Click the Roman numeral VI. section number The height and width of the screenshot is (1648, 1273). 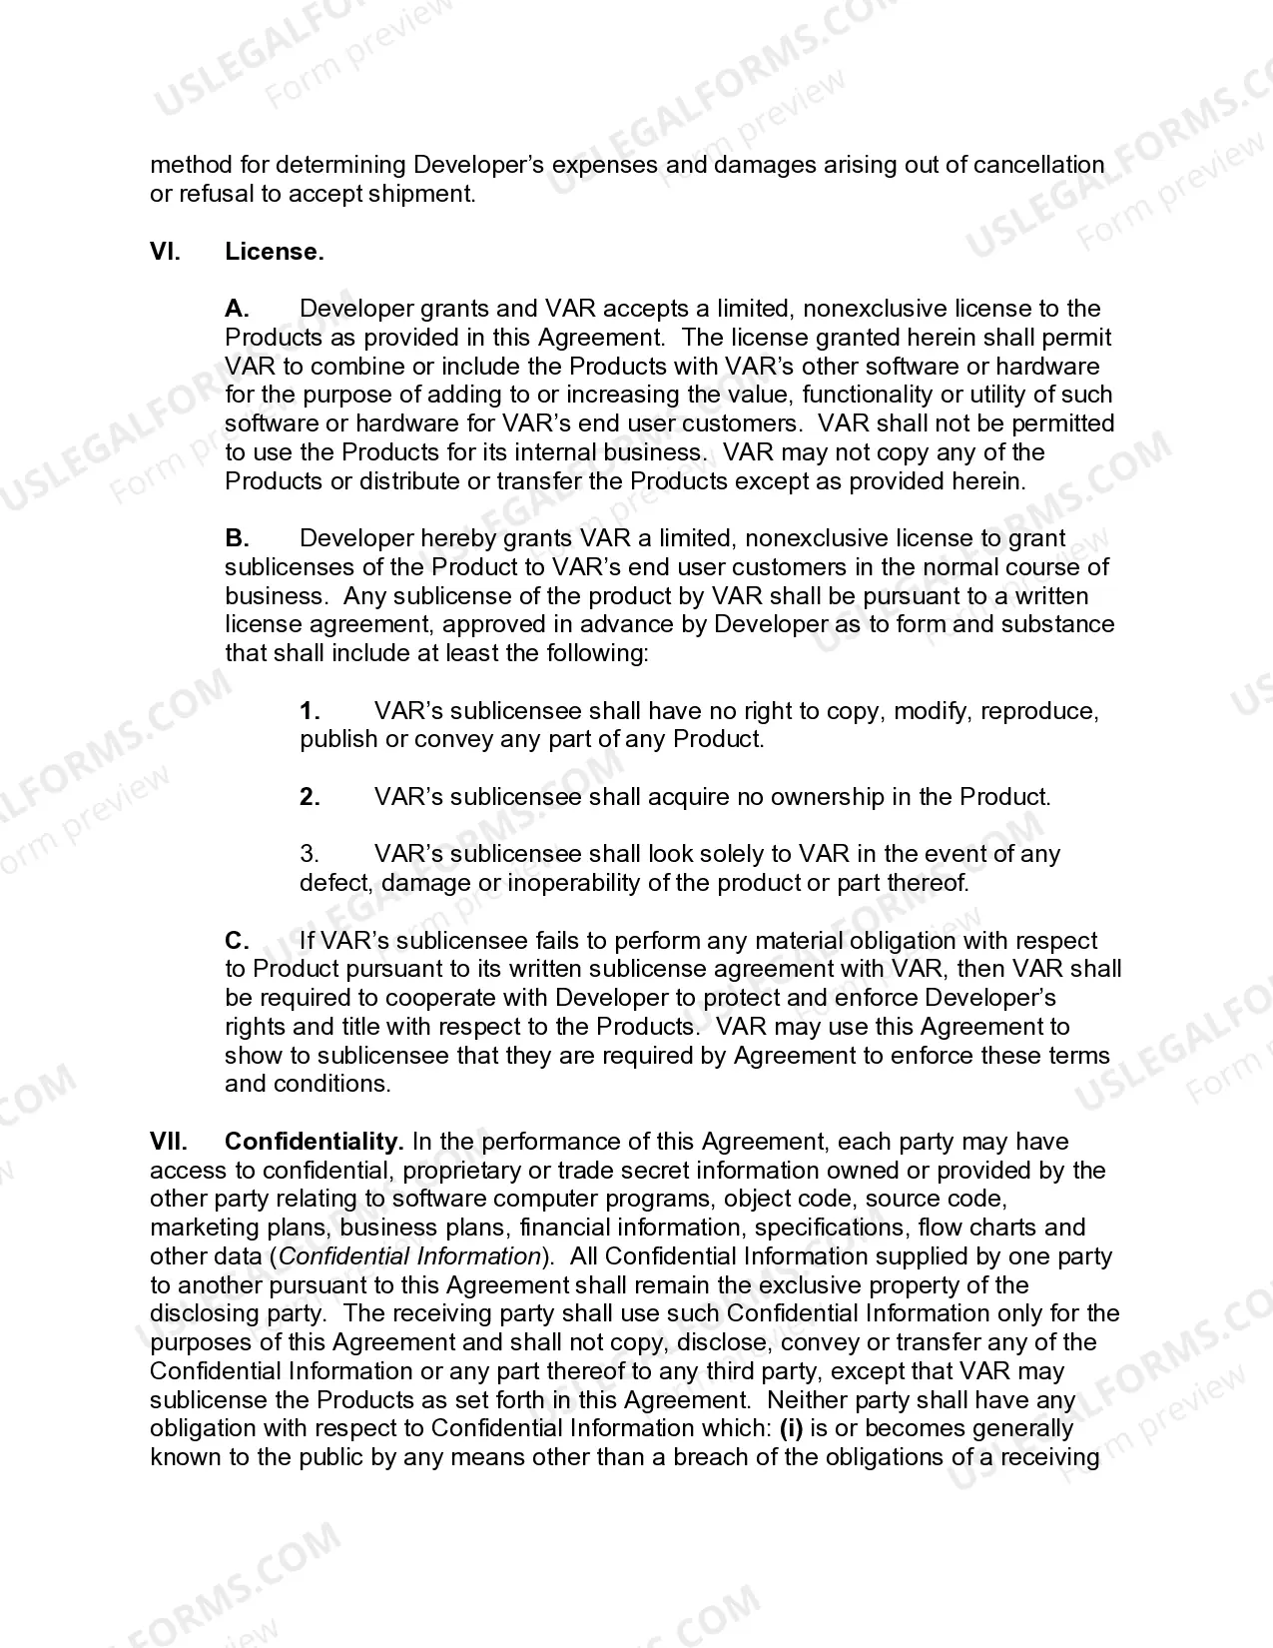pos(165,252)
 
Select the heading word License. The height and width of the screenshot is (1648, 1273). pos(275,252)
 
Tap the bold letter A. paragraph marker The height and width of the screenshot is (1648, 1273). pos(237,309)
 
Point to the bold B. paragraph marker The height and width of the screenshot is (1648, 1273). pos(237,538)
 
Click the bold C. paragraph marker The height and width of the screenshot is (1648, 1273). pos(237,941)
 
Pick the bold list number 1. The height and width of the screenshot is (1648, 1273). pos(310,711)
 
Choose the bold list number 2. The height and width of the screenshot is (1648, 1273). pos(310,797)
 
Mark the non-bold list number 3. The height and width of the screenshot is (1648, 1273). pos(310,854)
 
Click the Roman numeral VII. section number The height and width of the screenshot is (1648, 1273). pos(169,1142)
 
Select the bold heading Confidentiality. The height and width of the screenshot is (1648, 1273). pos(314,1142)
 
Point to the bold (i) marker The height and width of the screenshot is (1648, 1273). pos(791,1428)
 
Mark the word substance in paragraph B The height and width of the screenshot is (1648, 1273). pos(1058,624)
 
